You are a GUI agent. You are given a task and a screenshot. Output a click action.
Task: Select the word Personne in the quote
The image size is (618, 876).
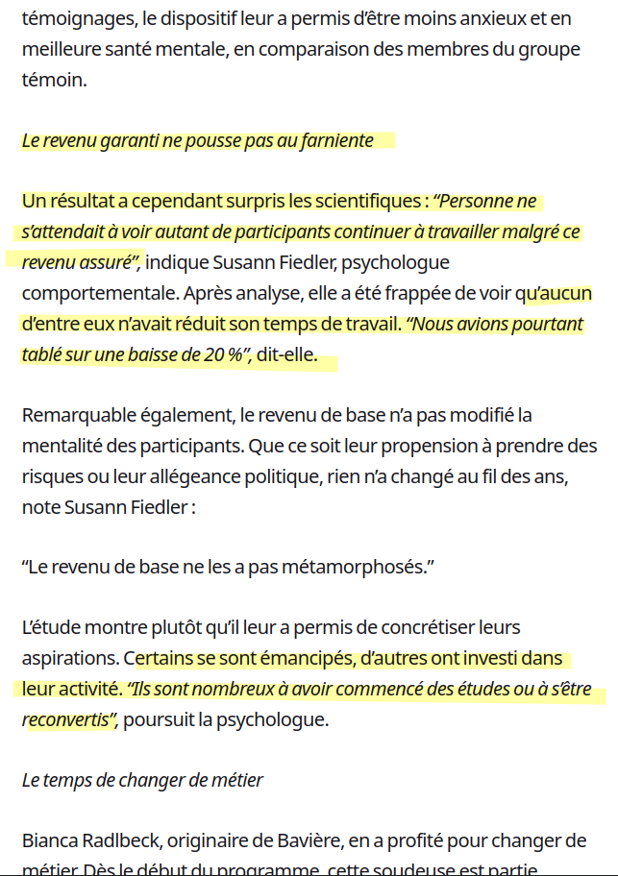coord(488,202)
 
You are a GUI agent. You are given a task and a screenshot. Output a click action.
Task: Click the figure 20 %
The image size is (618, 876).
coord(222,354)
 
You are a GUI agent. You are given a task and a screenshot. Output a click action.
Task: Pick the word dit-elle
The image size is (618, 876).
coord(286,354)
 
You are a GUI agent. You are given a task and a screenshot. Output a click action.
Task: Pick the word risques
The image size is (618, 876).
coord(51,476)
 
